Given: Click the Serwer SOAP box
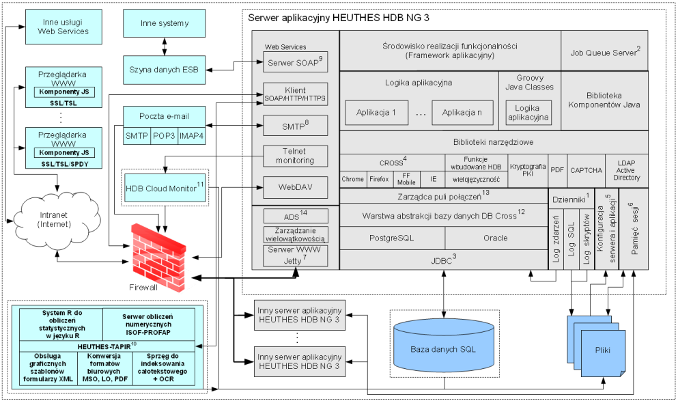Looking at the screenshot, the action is (x=296, y=62).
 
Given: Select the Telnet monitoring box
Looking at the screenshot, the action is (x=296, y=156).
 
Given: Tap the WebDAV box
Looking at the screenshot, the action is (x=296, y=187).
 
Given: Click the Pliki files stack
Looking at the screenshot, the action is (x=596, y=346).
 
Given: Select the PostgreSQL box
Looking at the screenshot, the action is (x=392, y=238).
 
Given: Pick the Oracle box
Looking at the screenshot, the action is (x=496, y=238).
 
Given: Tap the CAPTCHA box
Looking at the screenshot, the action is (x=587, y=170).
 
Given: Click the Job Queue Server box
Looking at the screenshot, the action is (x=604, y=51).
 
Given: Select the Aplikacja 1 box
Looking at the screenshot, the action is (x=376, y=113).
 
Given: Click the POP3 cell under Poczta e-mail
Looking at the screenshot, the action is (x=165, y=136).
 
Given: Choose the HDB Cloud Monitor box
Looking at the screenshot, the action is (x=165, y=188).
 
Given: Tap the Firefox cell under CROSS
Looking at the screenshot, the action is (x=379, y=179).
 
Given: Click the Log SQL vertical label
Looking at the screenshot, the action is (x=571, y=239).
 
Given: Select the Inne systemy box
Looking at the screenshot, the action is (x=165, y=23).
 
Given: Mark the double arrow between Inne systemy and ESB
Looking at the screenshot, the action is (x=165, y=46).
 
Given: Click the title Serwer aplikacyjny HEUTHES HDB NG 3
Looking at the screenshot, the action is (x=339, y=18).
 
